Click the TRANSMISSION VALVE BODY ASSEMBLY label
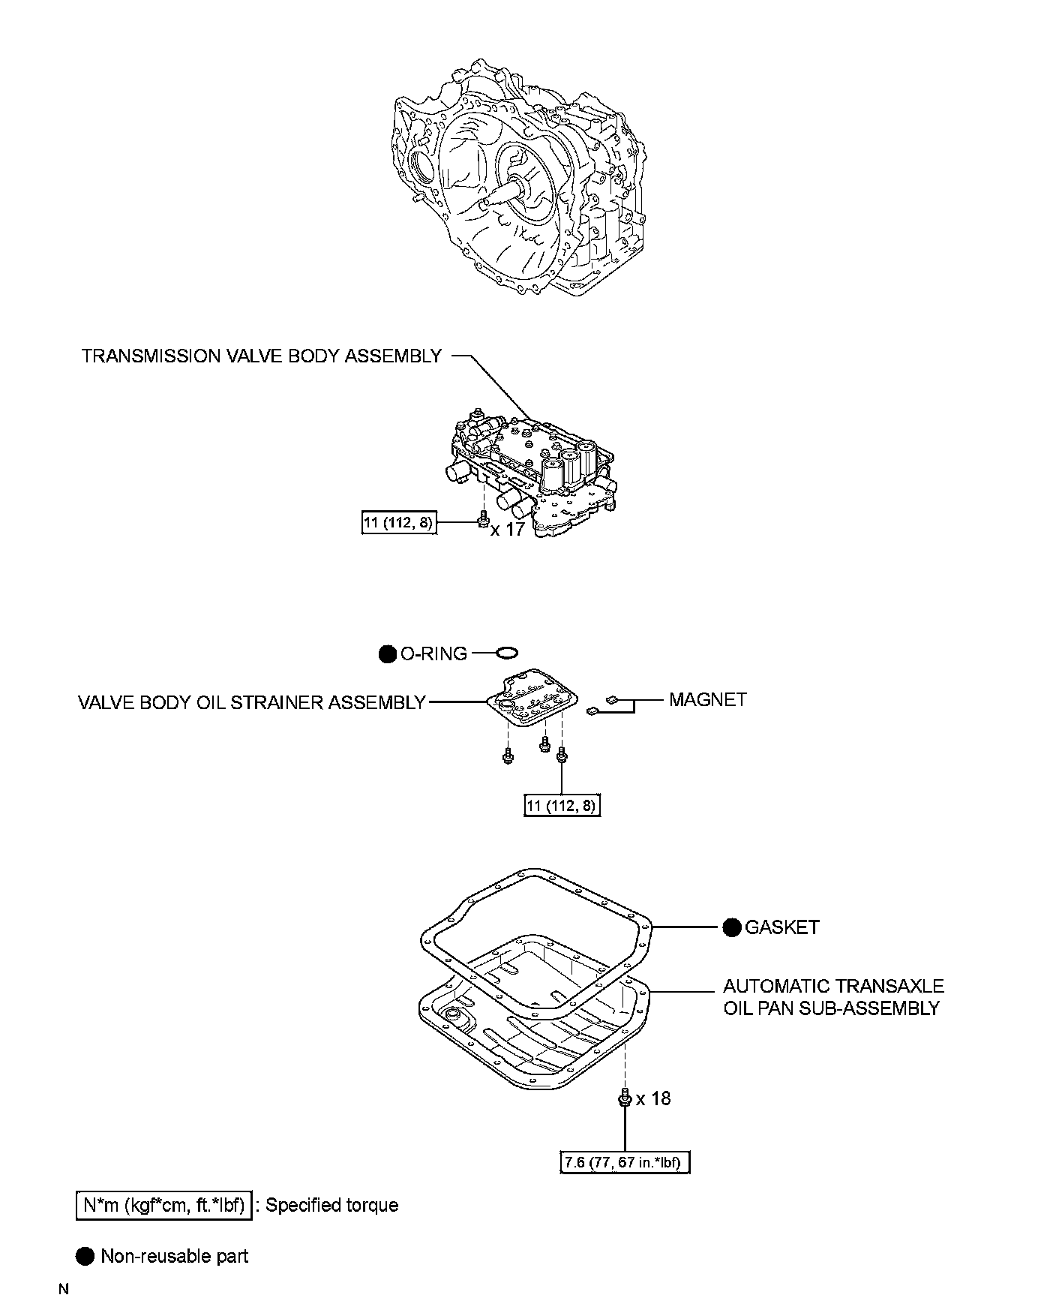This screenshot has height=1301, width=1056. pos(261,356)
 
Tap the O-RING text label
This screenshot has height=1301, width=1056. pos(433,654)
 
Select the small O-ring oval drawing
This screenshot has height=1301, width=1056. pos(505,653)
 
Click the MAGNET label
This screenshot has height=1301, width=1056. pos(708,699)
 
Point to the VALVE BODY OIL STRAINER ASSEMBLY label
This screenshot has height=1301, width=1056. pos(251,702)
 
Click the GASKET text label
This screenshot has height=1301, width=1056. pos(781,927)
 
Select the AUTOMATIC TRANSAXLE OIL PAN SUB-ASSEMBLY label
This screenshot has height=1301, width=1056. pos(832,997)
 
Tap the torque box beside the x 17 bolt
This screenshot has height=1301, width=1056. pos(398,522)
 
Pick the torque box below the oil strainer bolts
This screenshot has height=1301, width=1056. pos(562,806)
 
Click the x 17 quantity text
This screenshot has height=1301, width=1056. pos(508,529)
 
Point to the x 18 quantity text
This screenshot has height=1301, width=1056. pos(653,1098)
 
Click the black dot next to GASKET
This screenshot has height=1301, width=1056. pos(732,927)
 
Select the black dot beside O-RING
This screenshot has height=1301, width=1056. pos(387,654)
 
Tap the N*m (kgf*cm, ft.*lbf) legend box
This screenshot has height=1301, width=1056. pos(164,1206)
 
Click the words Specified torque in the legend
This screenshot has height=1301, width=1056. pos(331,1206)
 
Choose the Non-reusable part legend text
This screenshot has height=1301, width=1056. pos(174,1256)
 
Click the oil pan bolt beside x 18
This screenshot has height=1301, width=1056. pos(624,1098)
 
